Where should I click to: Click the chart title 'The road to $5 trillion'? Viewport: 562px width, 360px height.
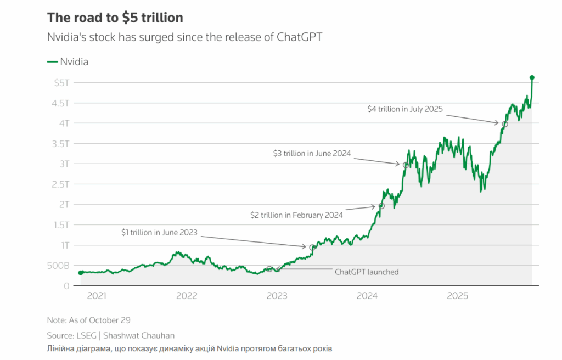(115, 18)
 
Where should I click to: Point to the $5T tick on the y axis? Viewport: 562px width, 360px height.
(61, 82)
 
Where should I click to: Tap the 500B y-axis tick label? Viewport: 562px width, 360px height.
(58, 266)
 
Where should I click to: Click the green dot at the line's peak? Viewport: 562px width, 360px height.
(532, 78)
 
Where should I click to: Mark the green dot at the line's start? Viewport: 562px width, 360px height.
(81, 273)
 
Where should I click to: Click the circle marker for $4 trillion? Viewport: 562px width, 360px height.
(505, 124)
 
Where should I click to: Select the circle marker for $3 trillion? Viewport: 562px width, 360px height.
(406, 165)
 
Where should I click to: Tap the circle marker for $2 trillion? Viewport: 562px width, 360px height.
(381, 206)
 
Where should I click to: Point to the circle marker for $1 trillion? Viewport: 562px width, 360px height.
(312, 248)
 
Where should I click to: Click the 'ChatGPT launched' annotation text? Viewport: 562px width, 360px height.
(367, 272)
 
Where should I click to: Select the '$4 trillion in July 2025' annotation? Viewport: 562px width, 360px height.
(405, 109)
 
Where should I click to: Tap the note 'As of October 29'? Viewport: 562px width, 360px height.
(89, 320)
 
